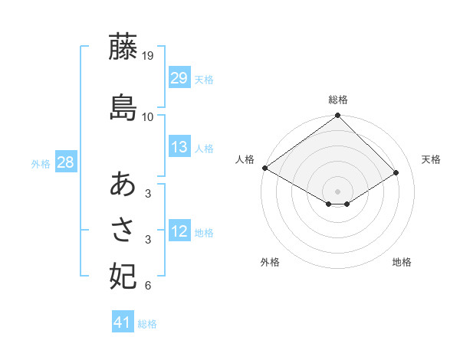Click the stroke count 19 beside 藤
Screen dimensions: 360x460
coord(149,56)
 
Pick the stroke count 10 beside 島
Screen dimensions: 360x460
coord(148,116)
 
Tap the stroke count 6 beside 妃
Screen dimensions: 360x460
coord(148,286)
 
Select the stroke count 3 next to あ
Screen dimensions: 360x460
coord(148,194)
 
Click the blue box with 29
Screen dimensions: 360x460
coord(179,78)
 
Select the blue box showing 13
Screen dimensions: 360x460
coord(179,147)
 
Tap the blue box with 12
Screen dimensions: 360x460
coord(179,231)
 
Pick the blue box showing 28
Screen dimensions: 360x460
coord(65,162)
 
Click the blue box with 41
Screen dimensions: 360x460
coord(123,322)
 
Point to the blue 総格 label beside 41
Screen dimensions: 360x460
coord(147,324)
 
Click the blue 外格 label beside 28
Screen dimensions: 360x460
coord(41,163)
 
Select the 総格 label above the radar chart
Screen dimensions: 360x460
coord(338,100)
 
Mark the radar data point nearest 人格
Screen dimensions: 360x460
coord(264,168)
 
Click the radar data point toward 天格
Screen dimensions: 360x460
coord(397,173)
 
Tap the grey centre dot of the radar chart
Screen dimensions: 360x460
coord(337,190)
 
